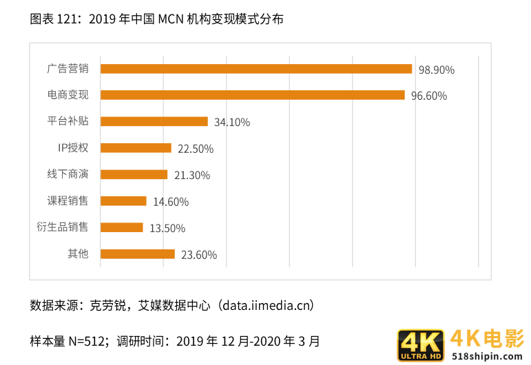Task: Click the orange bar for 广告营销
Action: tap(256, 69)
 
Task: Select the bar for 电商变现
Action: tap(252, 95)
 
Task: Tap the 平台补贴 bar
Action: tap(154, 121)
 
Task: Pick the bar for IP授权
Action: tap(136, 148)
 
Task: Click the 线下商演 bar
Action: tap(134, 174)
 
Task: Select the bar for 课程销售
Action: tap(123, 201)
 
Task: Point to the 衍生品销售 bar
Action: tap(122, 227)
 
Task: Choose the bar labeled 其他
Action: tap(138, 254)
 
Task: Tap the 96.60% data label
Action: tap(428, 96)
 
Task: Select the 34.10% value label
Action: tap(232, 123)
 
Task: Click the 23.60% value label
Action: tap(199, 255)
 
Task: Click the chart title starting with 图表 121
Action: tap(156, 19)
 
